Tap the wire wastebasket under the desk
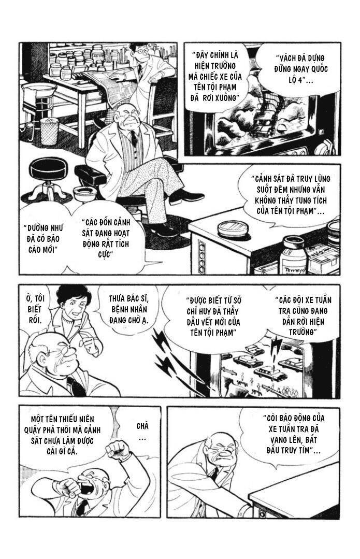click(x=49, y=131)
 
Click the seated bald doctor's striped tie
click(x=134, y=138)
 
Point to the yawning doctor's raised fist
click(x=118, y=450)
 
